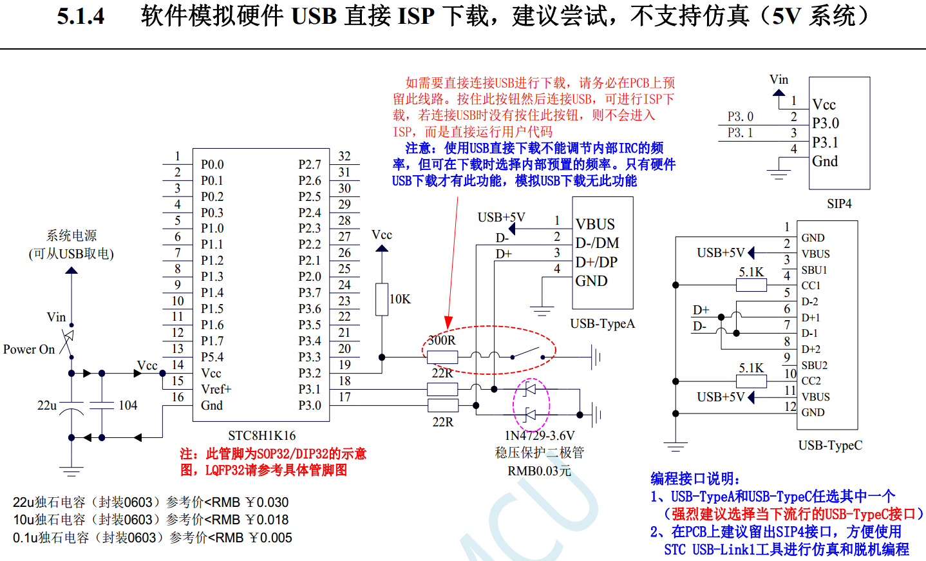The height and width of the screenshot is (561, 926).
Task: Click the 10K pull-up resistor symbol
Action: point(382,299)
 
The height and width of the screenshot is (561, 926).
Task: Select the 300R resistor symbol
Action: point(442,357)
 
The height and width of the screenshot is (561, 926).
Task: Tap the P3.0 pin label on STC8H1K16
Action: point(309,406)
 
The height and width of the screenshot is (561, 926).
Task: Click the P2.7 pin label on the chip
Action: point(309,165)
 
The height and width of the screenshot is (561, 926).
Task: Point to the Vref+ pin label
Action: point(216,390)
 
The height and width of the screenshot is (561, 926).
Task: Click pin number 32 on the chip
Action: point(345,157)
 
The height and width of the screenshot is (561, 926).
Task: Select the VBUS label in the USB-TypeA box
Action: point(595,225)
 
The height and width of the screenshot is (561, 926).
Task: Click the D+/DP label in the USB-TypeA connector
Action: point(596,262)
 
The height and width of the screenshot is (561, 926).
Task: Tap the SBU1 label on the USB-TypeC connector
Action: point(814,270)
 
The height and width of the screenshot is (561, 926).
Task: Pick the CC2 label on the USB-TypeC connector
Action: point(811,381)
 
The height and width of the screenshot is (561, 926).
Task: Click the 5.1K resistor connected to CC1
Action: point(751,285)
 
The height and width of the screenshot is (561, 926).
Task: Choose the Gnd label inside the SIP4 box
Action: point(825,162)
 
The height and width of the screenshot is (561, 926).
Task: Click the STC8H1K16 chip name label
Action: point(262,436)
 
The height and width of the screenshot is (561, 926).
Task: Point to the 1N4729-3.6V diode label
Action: point(540,436)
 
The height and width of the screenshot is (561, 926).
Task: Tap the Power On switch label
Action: point(29,350)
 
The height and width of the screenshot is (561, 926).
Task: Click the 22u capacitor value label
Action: point(47,406)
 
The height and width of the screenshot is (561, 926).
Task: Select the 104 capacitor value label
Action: point(128,406)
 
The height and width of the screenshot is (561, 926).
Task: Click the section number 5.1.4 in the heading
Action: point(80,17)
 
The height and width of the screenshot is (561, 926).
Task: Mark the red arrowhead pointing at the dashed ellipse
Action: point(448,322)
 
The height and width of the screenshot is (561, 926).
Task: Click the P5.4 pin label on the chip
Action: point(212,357)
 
